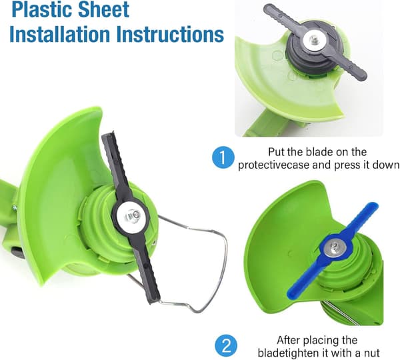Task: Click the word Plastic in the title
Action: (x=42, y=9)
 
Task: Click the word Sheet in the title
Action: (x=103, y=9)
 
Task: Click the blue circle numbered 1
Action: (x=223, y=157)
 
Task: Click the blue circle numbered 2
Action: (x=226, y=346)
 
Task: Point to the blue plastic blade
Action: (x=333, y=250)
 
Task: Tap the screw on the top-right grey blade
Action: (x=313, y=40)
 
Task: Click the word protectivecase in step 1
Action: (x=273, y=165)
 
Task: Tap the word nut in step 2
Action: (x=371, y=353)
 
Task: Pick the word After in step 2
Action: (x=289, y=340)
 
